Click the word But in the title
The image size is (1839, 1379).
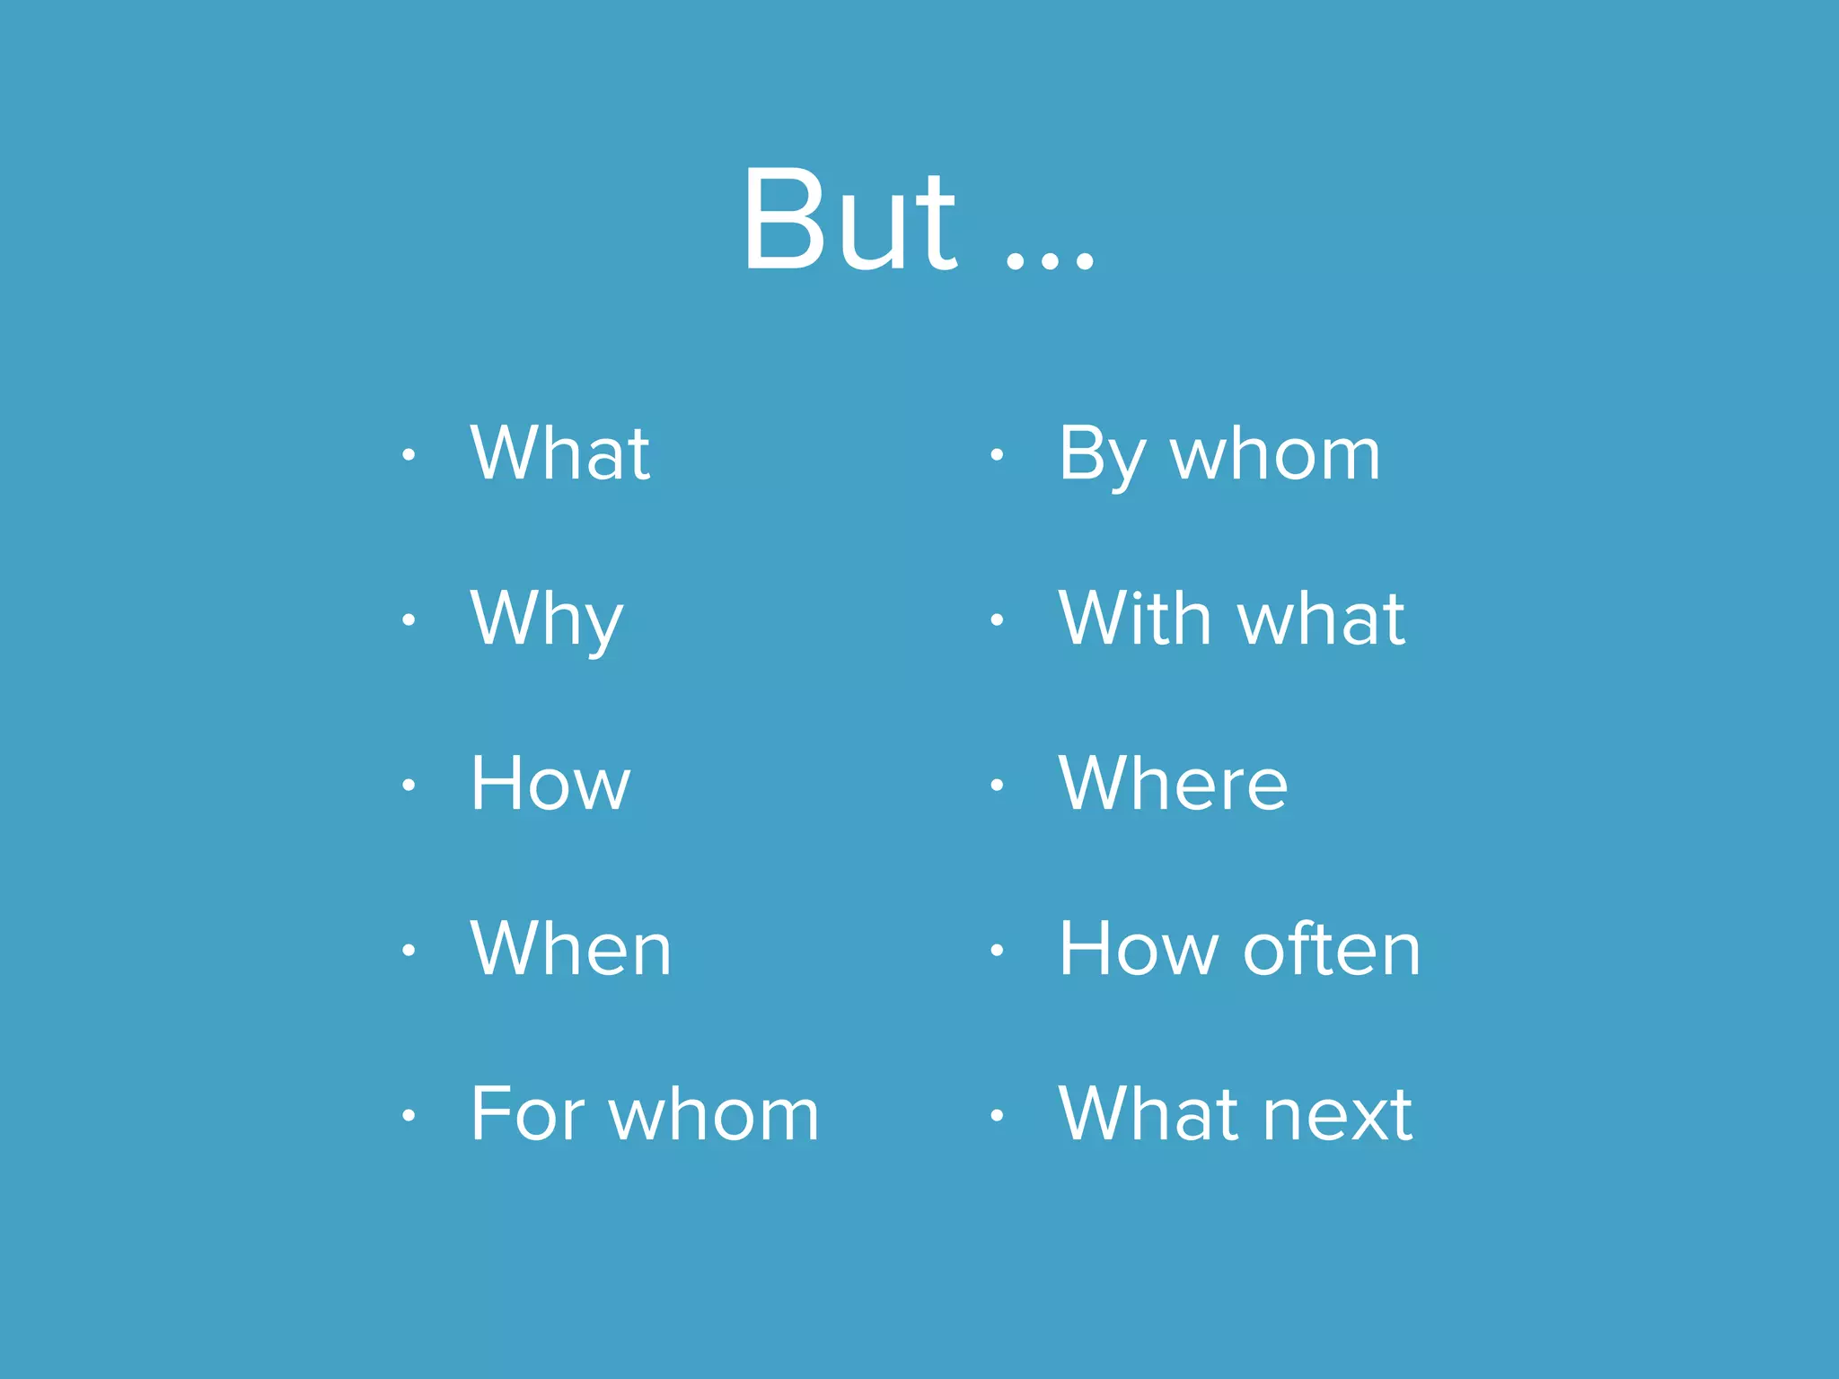(849, 220)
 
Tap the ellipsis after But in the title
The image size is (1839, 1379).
(1050, 261)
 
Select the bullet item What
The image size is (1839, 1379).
(560, 453)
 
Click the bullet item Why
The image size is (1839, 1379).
(546, 619)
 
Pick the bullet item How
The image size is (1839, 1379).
(550, 784)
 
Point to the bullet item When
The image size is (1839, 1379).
(571, 949)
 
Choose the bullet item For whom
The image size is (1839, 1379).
(645, 1114)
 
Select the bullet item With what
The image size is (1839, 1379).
(1231, 619)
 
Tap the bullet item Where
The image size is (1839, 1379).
(1173, 784)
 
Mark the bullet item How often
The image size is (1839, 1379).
(1239, 949)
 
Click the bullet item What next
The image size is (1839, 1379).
(1236, 1114)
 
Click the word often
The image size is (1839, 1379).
(1333, 949)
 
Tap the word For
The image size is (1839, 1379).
(528, 1114)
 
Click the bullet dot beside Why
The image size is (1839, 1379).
(409, 619)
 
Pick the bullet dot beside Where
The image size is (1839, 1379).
(996, 785)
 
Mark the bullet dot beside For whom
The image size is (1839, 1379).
(409, 1115)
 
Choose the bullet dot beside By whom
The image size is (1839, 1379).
(996, 454)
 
